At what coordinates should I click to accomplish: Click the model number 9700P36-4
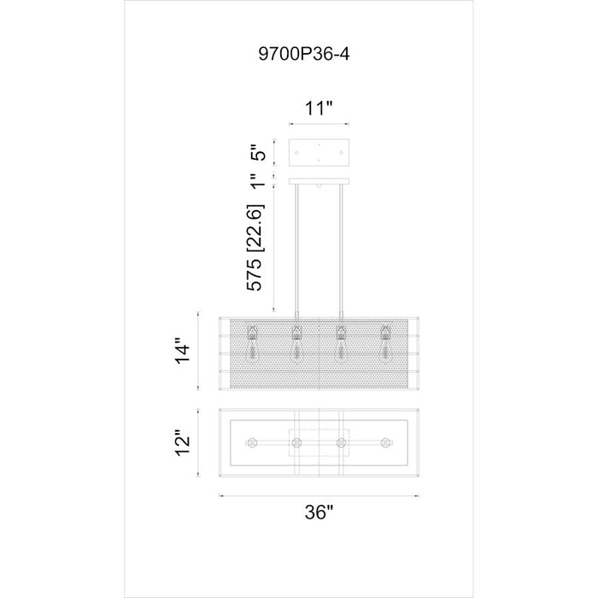click(x=303, y=54)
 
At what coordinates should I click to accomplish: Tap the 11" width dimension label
click(x=319, y=108)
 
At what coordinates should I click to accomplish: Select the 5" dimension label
click(x=257, y=153)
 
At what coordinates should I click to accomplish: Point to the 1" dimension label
click(x=258, y=180)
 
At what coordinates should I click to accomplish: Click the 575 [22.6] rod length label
click(x=255, y=249)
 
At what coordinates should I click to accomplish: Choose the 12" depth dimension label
click(x=182, y=443)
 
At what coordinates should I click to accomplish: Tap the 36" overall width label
click(x=320, y=512)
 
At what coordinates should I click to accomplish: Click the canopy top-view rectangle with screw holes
click(x=319, y=153)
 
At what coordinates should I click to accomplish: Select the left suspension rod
click(x=296, y=250)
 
